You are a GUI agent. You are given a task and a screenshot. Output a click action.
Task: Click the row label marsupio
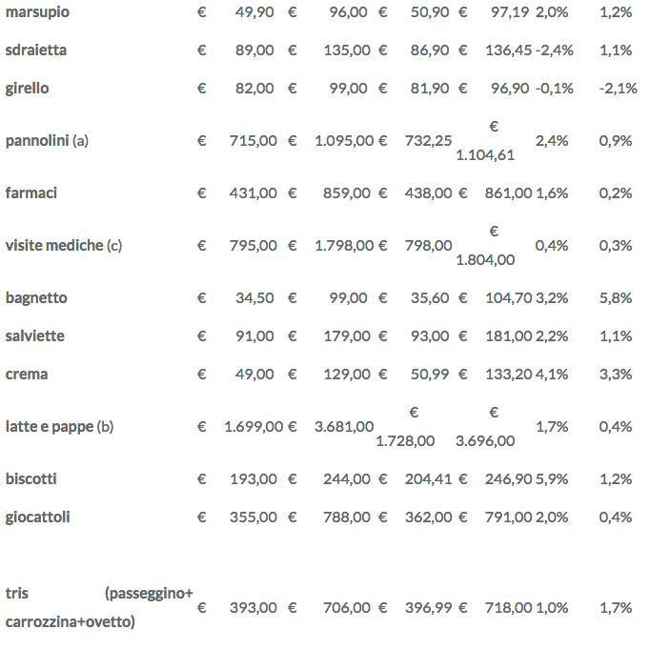[37, 12]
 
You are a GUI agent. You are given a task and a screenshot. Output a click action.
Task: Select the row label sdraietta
[36, 51]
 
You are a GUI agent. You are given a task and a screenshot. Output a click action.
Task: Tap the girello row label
[27, 89]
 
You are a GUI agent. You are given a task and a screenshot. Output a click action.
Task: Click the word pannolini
[37, 141]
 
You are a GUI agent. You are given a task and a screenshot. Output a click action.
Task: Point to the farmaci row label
[31, 193]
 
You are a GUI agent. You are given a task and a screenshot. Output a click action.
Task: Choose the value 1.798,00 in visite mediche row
[344, 246]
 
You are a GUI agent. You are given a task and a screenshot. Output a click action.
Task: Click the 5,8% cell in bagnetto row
[616, 298]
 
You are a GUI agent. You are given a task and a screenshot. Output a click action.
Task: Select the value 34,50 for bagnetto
[254, 298]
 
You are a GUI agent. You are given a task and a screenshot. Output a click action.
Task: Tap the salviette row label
[35, 336]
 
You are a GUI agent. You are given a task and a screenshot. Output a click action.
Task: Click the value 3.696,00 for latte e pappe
[485, 441]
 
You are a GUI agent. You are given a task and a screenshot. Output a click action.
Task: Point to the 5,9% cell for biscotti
[552, 479]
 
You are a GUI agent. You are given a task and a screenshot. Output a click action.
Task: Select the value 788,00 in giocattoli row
[345, 518]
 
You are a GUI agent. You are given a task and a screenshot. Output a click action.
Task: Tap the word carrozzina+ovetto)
[70, 622]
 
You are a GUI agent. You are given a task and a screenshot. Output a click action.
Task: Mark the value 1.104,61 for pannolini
[485, 155]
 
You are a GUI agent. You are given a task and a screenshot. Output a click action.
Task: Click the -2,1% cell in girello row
[618, 89]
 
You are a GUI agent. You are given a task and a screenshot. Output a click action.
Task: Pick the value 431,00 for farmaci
[253, 193]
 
